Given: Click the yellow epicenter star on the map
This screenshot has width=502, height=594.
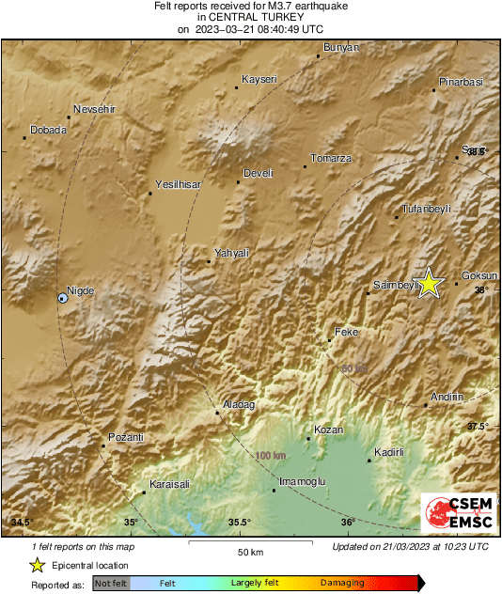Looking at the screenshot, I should [x=430, y=282].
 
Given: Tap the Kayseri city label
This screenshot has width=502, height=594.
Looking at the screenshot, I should [x=259, y=79].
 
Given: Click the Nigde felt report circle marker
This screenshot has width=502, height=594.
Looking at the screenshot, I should [x=62, y=298].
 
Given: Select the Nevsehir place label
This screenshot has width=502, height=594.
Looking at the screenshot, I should [x=94, y=109].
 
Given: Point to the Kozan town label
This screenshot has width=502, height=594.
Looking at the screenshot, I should [x=328, y=430].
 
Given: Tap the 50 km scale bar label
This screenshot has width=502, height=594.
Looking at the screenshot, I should [x=249, y=552].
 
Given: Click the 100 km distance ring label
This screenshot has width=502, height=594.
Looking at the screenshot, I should [x=271, y=456].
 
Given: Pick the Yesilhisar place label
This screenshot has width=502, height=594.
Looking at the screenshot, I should [x=179, y=185].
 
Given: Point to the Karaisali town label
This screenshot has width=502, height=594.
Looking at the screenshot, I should [x=170, y=484].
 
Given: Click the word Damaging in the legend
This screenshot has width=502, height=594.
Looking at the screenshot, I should [x=342, y=583].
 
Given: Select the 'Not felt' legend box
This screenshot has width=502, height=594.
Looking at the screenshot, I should [x=110, y=584].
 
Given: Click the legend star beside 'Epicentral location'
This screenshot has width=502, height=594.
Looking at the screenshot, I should [x=38, y=565].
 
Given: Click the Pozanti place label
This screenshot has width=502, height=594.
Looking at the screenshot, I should [x=126, y=437].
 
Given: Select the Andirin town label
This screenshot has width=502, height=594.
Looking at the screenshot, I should [x=447, y=397].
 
